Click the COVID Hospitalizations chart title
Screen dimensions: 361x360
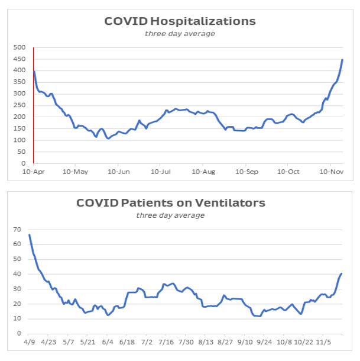180,21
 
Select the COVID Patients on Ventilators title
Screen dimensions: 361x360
171,203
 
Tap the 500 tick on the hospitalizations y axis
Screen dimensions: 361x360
20,47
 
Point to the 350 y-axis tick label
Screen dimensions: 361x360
20,82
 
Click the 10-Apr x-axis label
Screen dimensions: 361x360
33,172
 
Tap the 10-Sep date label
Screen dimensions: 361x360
246,172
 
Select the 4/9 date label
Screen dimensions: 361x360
30,342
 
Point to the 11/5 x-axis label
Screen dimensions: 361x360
323,342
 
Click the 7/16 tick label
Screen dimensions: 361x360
167,342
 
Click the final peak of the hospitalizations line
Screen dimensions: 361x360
342,60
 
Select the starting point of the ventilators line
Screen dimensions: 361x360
30,235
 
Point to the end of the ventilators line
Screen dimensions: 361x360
342,273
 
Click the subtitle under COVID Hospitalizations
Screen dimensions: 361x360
180,34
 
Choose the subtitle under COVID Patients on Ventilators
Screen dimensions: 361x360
171,215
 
